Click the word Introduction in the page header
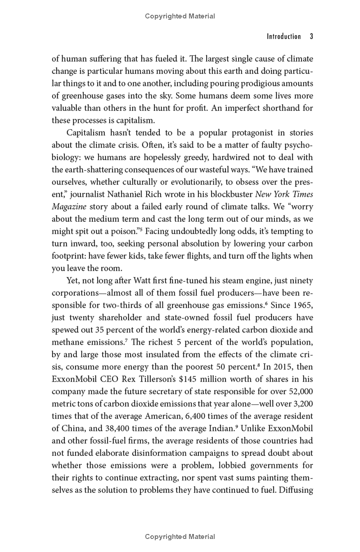pos(283,36)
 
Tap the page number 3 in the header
pos(311,36)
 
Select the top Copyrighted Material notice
pos(180,16)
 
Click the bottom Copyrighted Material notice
pos(180,536)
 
